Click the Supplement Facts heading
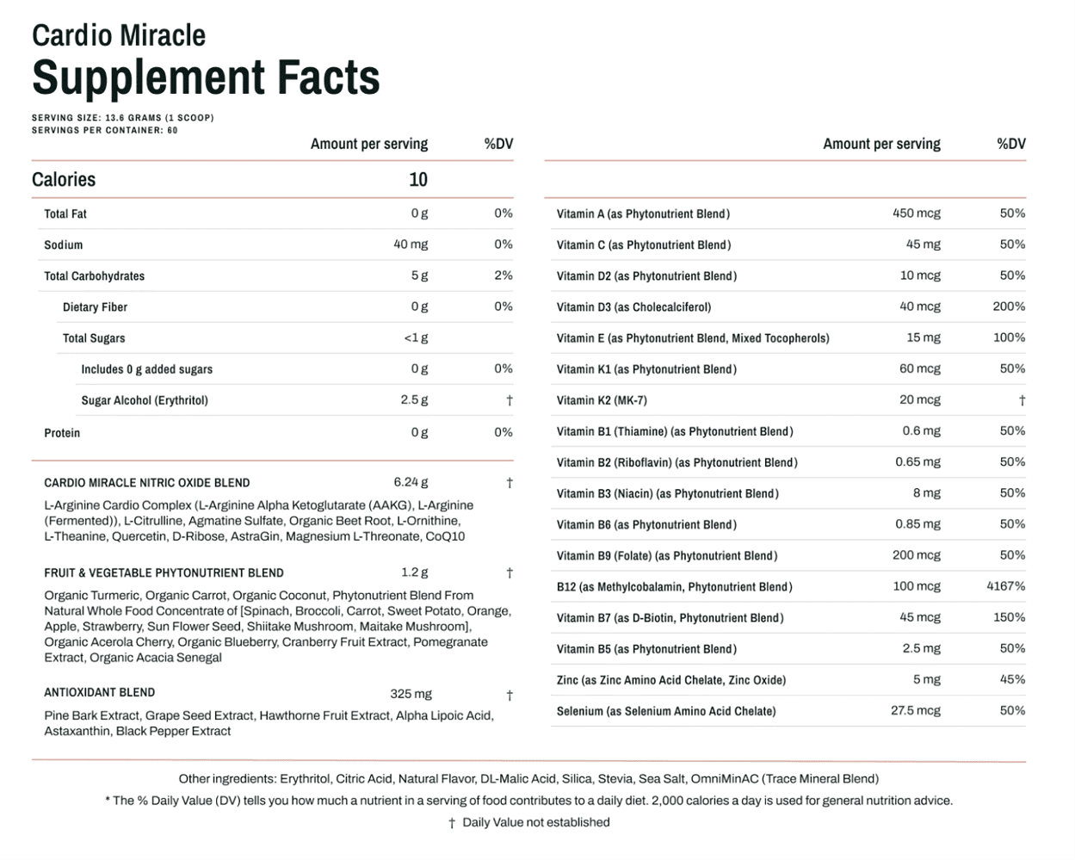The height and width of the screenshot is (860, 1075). click(x=206, y=77)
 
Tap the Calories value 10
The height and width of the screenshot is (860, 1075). click(x=417, y=180)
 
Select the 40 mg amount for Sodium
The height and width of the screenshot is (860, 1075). click(x=411, y=244)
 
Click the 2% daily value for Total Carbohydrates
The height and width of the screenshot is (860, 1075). click(x=504, y=275)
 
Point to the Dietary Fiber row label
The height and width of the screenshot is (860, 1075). click(x=95, y=307)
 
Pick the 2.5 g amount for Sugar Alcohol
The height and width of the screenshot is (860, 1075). click(x=414, y=400)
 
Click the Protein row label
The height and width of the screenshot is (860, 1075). click(x=62, y=433)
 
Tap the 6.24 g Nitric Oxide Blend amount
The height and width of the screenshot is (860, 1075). click(x=411, y=483)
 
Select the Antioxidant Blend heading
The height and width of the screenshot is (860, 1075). click(x=100, y=693)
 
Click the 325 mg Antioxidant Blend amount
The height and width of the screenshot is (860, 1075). click(x=411, y=694)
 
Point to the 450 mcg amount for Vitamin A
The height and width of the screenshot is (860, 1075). click(x=916, y=213)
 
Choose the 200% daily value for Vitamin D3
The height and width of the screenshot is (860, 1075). click(x=1009, y=306)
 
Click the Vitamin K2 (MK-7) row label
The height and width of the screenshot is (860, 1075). click(x=602, y=400)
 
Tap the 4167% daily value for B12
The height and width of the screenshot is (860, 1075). click(x=1005, y=586)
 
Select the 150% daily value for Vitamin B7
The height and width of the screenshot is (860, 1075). click(x=1009, y=617)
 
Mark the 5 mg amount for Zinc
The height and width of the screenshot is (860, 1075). click(x=926, y=680)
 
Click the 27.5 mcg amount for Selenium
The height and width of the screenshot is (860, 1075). click(x=915, y=711)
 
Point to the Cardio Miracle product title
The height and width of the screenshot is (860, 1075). click(x=119, y=35)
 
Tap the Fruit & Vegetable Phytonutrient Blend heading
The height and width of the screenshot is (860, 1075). click(x=164, y=573)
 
